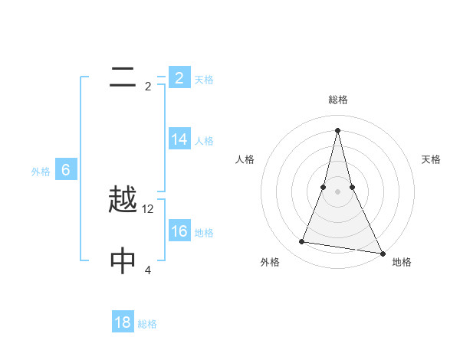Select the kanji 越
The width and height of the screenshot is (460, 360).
(x=123, y=201)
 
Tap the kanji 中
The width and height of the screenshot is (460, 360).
(x=123, y=261)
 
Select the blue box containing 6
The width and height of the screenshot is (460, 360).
(x=66, y=170)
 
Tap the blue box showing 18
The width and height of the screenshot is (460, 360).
(x=123, y=322)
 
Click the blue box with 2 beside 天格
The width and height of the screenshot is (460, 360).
(x=179, y=77)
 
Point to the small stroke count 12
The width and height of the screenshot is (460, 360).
(x=149, y=209)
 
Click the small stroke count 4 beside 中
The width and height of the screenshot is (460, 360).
(x=148, y=270)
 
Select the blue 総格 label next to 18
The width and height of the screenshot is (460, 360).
(x=147, y=324)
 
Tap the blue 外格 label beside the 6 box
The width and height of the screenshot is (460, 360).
(x=41, y=172)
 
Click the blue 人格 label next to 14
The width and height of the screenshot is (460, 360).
(x=204, y=141)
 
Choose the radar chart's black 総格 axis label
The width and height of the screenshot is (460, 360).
(x=337, y=100)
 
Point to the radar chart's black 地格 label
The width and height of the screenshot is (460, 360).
(x=402, y=262)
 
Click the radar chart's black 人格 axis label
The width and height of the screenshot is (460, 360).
(x=245, y=159)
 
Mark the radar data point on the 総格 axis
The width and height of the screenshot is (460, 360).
(x=337, y=129)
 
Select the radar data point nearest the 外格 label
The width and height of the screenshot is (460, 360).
(x=302, y=242)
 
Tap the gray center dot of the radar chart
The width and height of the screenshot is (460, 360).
(x=337, y=191)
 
